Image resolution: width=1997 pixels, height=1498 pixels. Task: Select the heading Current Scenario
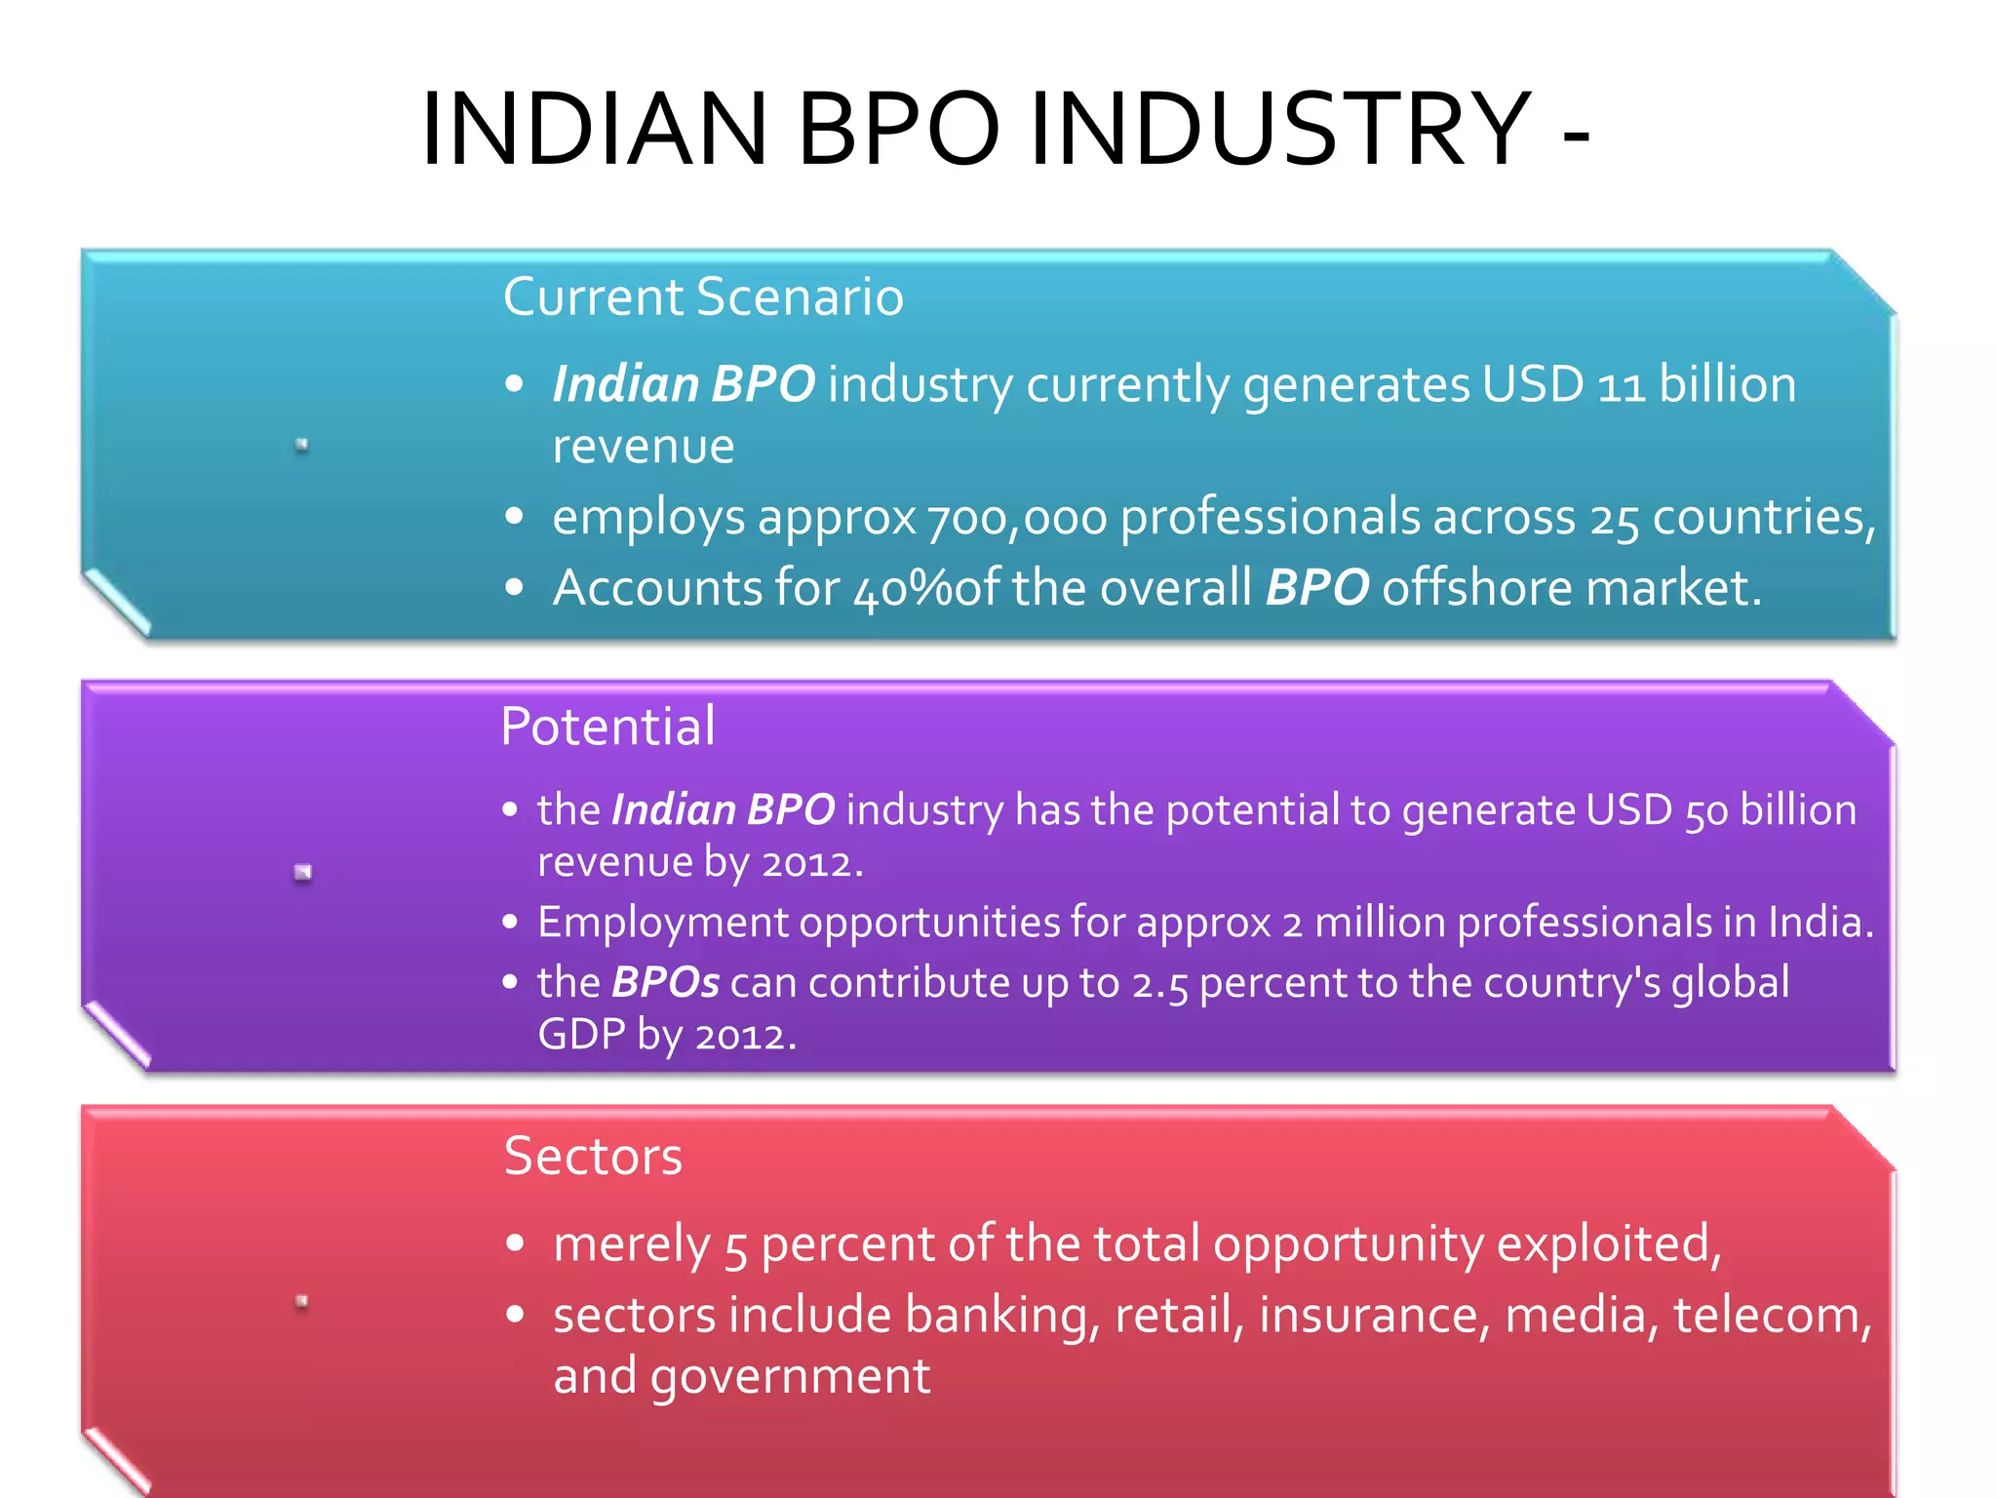coord(703,296)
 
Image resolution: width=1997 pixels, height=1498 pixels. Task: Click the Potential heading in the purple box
coord(607,727)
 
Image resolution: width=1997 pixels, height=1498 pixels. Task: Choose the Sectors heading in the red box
coord(593,1157)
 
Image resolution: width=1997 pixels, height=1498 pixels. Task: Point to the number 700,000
coord(1016,519)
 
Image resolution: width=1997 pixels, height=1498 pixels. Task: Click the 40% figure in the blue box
coord(903,589)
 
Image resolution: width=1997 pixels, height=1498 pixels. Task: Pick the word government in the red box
coord(790,1377)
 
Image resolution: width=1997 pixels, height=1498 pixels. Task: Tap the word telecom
coord(1771,1316)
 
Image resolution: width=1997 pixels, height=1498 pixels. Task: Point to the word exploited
coord(1608,1244)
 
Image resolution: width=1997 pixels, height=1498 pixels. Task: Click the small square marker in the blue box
coord(302,445)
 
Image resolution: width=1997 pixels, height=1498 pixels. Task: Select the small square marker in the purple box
coord(303,872)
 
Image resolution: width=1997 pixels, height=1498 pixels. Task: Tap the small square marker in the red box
coord(302,1301)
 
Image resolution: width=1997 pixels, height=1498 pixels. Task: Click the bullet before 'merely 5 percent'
coord(516,1243)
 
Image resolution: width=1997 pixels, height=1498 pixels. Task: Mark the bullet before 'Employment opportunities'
coord(510,923)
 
